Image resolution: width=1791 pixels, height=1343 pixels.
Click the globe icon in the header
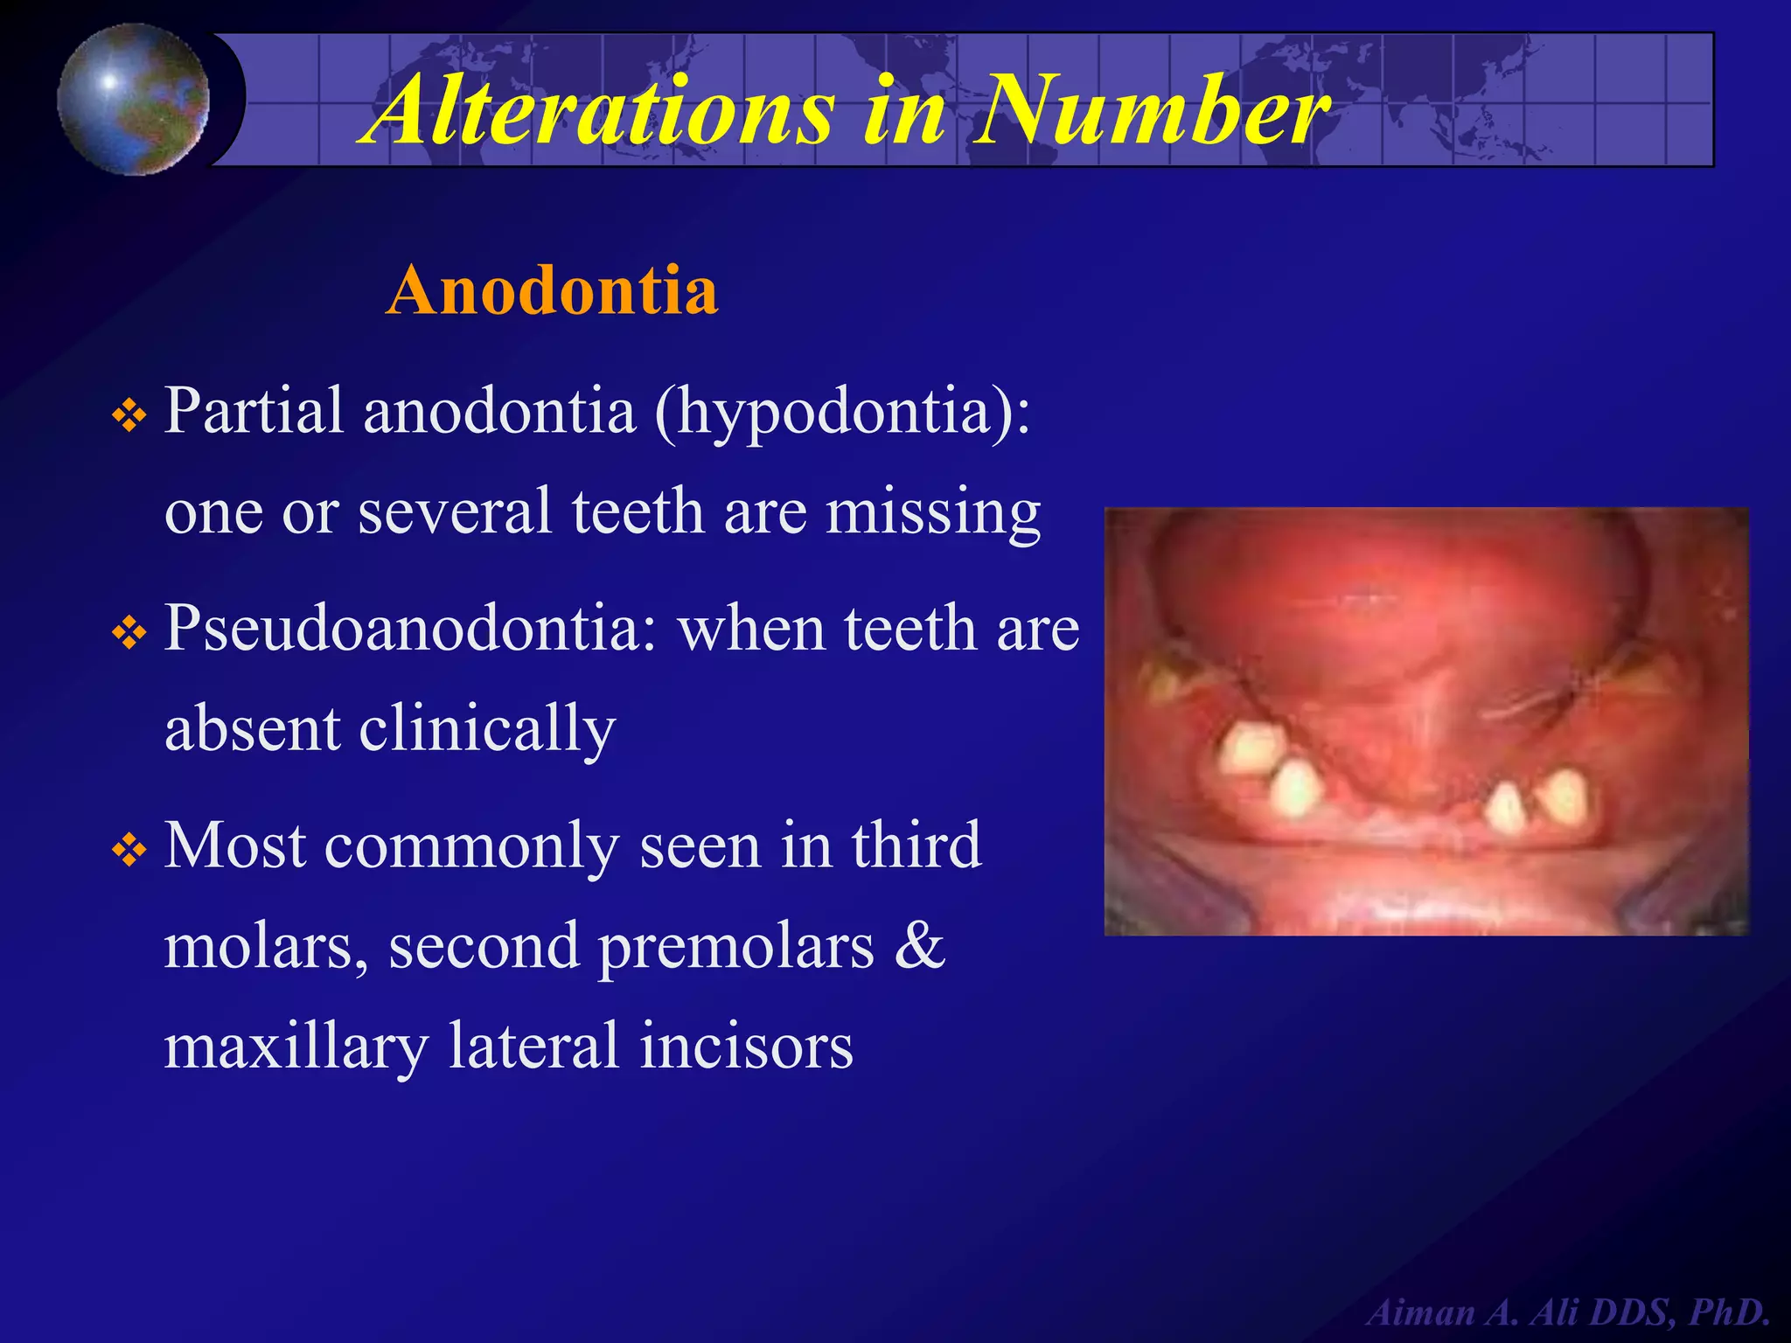(x=134, y=99)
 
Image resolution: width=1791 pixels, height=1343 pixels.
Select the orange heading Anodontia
(x=552, y=290)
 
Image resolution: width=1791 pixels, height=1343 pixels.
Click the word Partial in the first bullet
(x=254, y=410)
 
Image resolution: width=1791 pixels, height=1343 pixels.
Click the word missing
(x=934, y=512)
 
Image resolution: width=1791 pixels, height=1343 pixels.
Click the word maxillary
(x=296, y=1047)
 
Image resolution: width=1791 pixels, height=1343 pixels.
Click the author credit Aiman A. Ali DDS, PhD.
(x=1569, y=1312)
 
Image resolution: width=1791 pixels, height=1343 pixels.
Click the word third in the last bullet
(x=916, y=845)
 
